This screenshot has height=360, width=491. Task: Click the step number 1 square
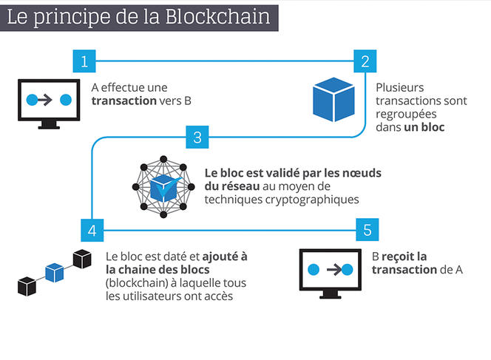pos(85,61)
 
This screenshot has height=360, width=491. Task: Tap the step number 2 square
pos(363,61)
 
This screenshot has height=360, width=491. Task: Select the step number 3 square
pos(197,137)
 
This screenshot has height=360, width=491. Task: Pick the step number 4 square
pos(92,230)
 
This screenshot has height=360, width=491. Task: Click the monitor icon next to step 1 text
pos(50,102)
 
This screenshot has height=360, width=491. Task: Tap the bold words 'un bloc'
pos(422,127)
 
